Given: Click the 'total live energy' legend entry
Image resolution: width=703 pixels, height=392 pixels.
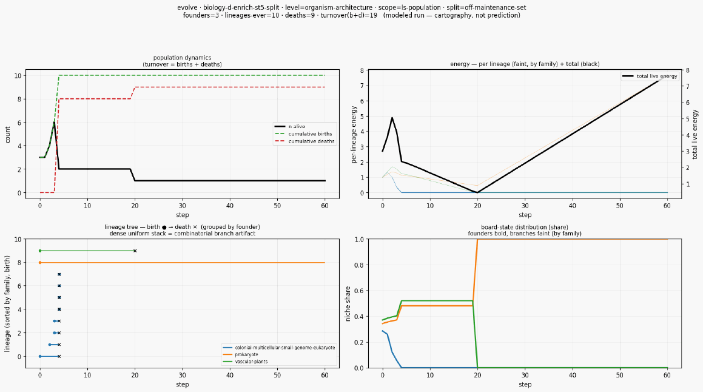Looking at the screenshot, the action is [650, 76].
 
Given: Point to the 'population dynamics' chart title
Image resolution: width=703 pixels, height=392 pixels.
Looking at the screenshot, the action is [182, 58].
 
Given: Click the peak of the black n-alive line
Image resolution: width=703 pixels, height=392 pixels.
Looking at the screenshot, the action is [54, 122].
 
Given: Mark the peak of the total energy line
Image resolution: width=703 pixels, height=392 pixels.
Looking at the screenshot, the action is [392, 118].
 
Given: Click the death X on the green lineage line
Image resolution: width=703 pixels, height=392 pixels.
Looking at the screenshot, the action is [135, 251].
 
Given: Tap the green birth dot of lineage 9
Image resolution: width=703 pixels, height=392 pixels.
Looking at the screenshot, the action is [40, 251].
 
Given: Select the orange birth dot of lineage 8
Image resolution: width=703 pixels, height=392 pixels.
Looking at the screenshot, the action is [40, 262].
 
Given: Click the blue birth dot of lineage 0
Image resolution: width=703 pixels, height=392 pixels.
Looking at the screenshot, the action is [40, 357].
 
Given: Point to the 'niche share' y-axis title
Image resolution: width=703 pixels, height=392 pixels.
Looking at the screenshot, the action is [348, 303].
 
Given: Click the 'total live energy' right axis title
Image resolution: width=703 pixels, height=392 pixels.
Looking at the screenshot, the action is [695, 134].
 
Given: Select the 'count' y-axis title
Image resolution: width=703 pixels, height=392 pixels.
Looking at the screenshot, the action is [8, 135].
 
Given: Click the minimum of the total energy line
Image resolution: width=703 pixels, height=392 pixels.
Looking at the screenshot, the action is [477, 192].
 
